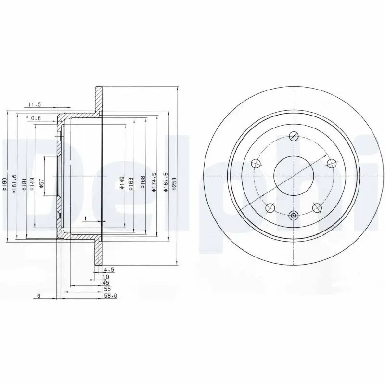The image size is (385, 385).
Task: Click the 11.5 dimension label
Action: coord(34,104)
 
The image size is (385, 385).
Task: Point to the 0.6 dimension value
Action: coord(36,118)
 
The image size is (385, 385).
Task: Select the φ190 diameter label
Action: coord(4,183)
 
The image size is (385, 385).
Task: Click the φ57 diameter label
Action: coord(41,183)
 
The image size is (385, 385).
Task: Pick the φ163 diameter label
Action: coord(131,183)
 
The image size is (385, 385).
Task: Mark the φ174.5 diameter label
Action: coord(154,182)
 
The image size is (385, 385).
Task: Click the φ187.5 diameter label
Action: coord(165,182)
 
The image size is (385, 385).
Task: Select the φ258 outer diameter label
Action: coord(174,183)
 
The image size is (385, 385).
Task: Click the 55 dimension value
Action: coord(107,289)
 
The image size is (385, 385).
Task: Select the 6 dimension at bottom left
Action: coord(38,296)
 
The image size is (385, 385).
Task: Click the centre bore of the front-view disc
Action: coord(294,176)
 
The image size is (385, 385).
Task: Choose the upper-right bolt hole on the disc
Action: coord(331,164)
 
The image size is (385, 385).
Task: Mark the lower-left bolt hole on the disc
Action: coord(270,208)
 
